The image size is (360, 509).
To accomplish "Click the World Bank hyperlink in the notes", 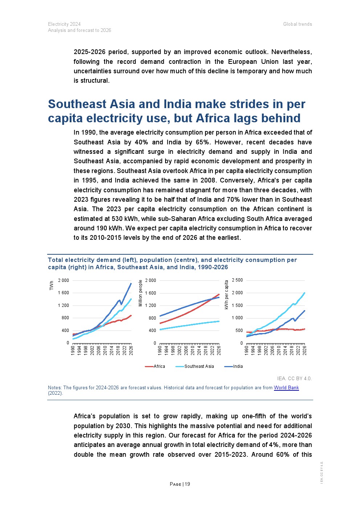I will [286, 387].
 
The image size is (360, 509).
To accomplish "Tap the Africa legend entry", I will [159, 366].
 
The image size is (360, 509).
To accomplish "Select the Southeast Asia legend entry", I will [199, 366].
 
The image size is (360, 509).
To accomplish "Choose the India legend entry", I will [238, 366].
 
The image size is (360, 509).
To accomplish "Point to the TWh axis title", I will [52, 286].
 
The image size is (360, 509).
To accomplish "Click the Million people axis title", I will [141, 293].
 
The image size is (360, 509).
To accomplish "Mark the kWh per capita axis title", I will [226, 295].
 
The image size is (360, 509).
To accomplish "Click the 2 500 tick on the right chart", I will [237, 280].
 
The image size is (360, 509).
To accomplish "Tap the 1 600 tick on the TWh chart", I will [63, 293].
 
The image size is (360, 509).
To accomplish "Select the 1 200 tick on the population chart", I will [150, 305].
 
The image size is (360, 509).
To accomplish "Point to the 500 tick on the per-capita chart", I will [239, 331].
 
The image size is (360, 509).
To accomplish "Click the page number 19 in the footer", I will [187, 484].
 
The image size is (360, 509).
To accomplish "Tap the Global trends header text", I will [298, 24].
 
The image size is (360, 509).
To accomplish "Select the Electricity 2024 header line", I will [64, 24].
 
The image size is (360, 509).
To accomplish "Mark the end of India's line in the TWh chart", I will [131, 283].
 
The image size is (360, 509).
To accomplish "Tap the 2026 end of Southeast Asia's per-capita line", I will [304, 293].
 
